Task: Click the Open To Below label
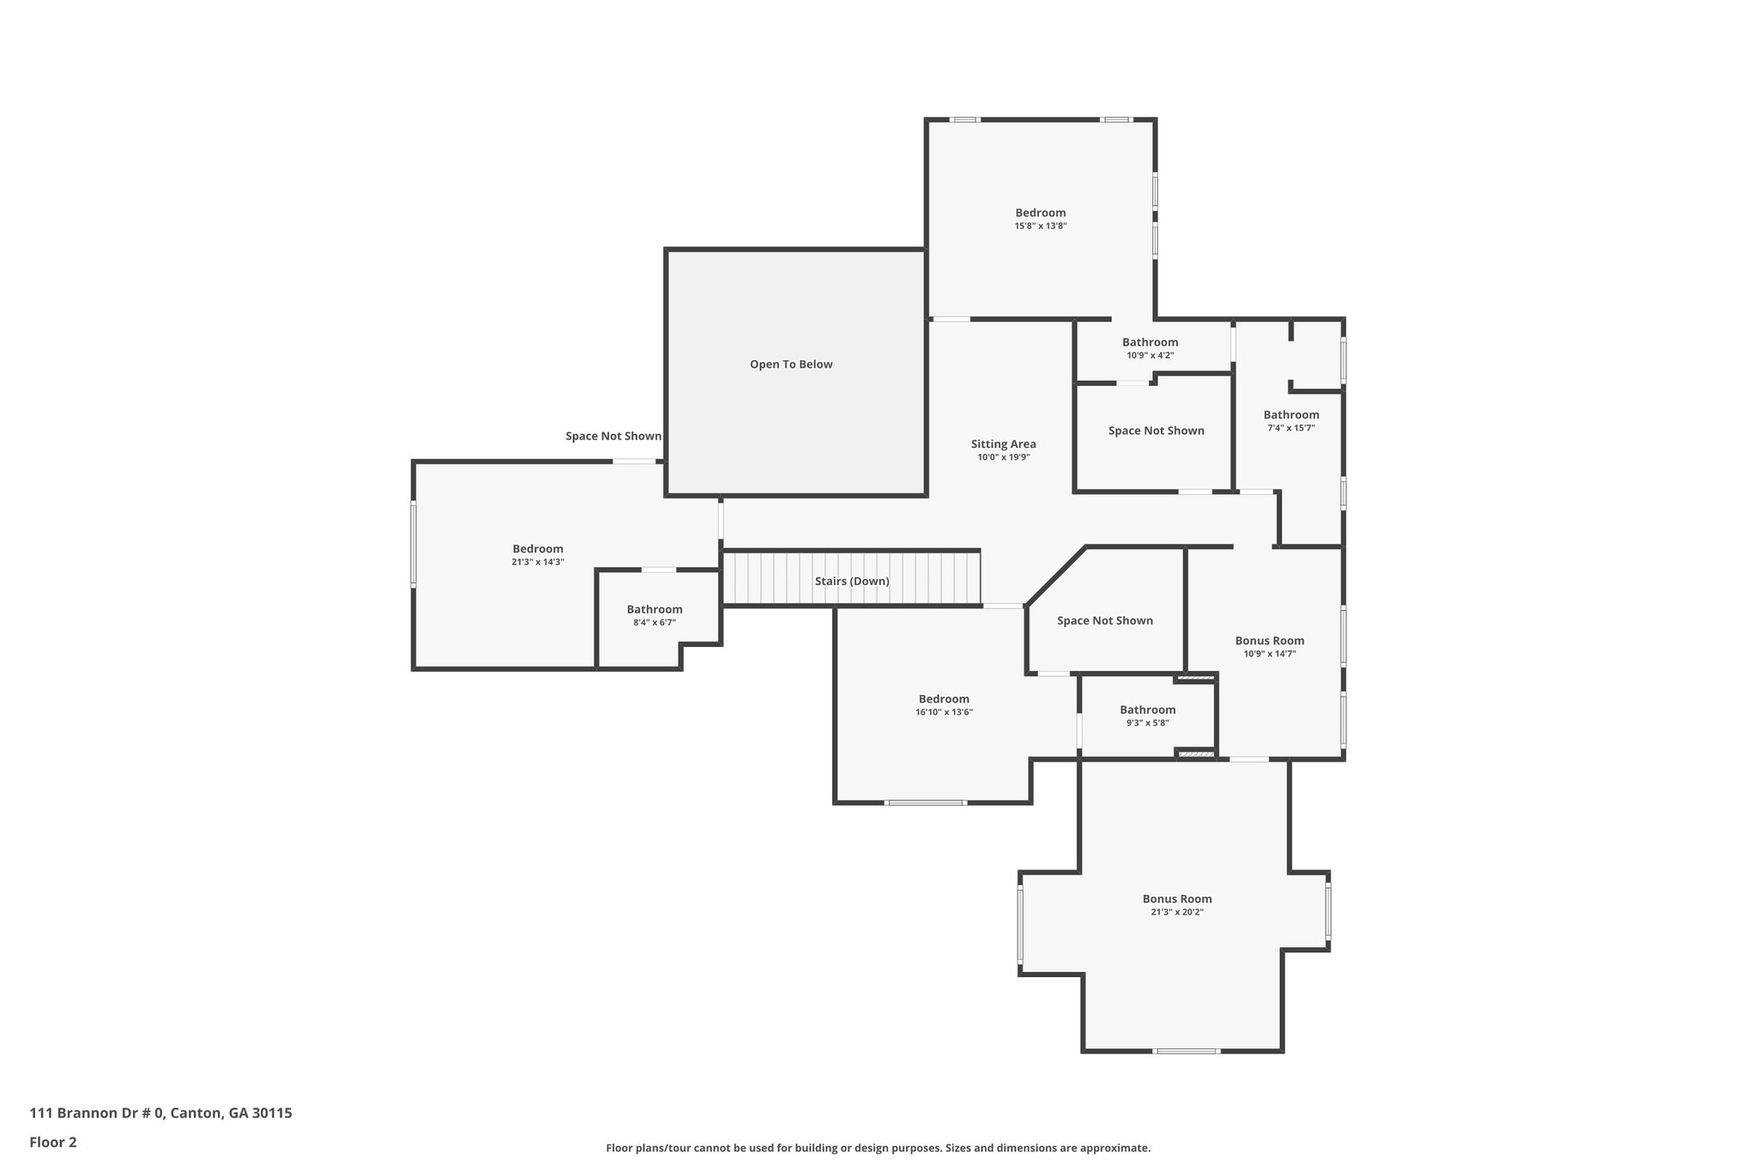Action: pos(791,365)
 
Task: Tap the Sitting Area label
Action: pos(1003,444)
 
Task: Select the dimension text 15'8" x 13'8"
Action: pos(1040,226)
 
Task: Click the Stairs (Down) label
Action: pos(852,582)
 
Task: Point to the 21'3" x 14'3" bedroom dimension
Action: pos(537,563)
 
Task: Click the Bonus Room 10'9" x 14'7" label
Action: pos(1269,641)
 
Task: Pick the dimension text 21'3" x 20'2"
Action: pos(1177,913)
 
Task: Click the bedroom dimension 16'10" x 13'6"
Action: pos(944,712)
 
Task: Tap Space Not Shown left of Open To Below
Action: pos(613,437)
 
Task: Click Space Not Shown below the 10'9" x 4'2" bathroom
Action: pos(1156,431)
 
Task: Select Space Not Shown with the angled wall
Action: pos(1104,621)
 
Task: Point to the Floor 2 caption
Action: pos(53,1143)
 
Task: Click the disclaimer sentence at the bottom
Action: pos(878,1148)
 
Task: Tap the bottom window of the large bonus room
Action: pos(1186,1051)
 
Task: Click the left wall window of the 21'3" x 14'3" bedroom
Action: pos(414,544)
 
